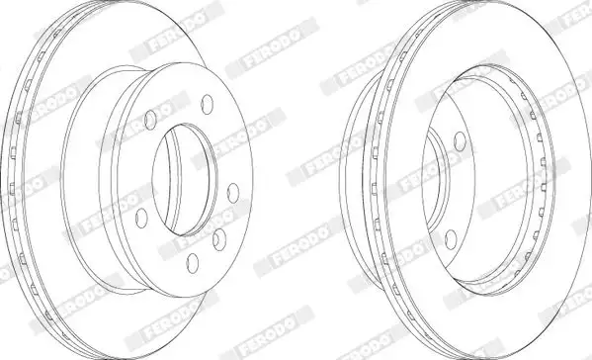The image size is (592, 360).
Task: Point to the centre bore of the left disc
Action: coord(187,179)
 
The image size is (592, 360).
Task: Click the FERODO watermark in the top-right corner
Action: coord(567,14)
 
